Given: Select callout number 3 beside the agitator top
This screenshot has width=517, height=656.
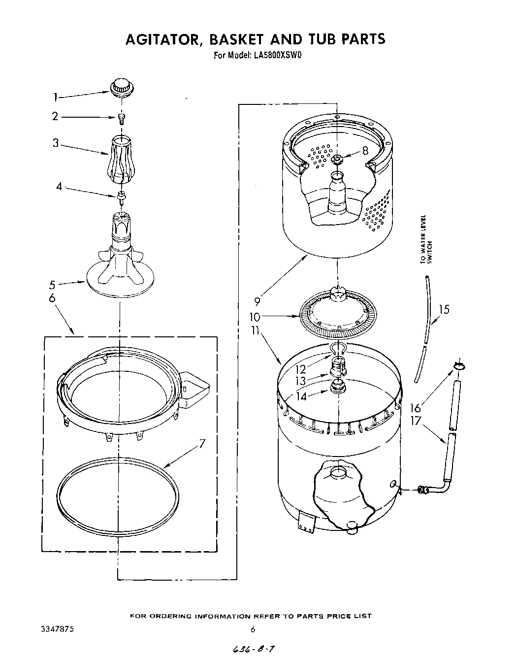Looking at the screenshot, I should (56, 143).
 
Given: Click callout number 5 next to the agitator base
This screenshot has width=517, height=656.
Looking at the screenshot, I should (52, 284).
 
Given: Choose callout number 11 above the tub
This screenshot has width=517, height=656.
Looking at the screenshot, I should (255, 330).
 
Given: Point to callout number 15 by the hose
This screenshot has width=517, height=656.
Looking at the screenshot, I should (444, 309).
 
